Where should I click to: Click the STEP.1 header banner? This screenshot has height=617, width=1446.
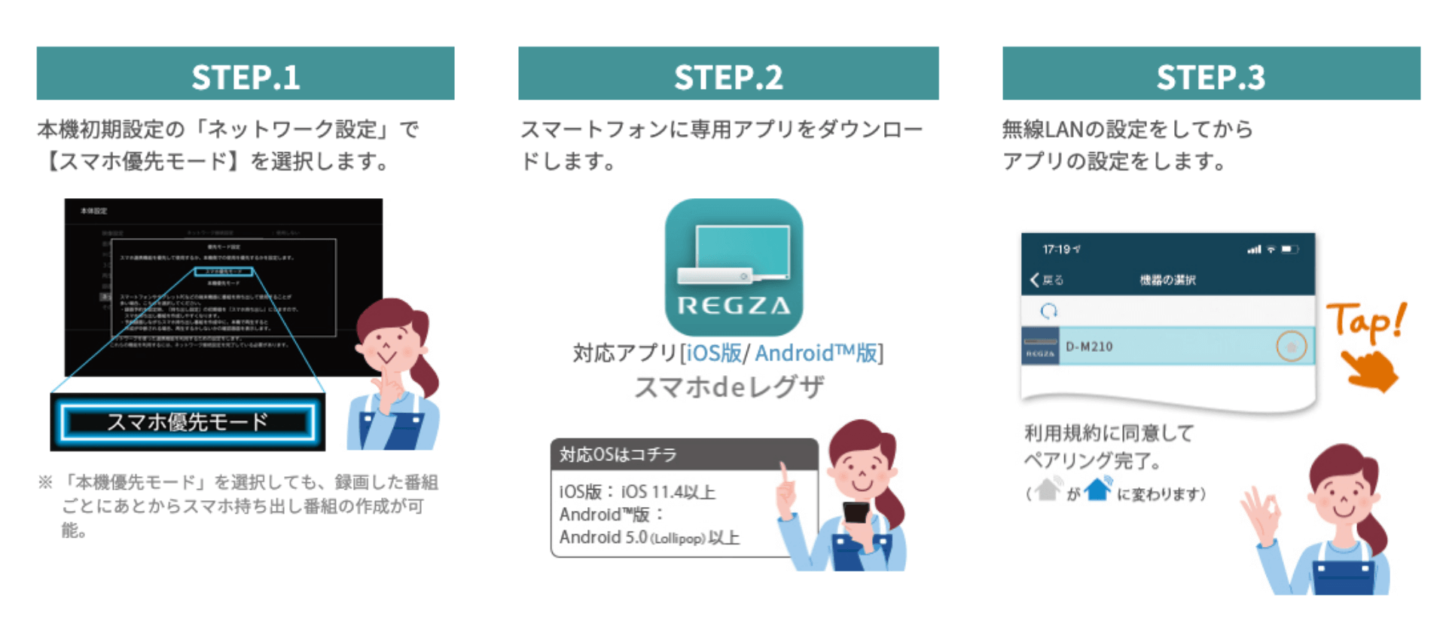(x=246, y=74)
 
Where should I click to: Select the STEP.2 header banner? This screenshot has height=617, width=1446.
(x=728, y=74)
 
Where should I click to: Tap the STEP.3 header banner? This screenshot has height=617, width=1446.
(x=1211, y=74)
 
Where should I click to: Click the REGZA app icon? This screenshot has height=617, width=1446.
(x=734, y=267)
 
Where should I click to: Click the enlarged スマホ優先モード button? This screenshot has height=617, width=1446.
(x=188, y=422)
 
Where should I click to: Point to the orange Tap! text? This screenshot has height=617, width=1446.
(x=1365, y=322)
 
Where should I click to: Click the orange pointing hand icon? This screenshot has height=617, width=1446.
(x=1369, y=371)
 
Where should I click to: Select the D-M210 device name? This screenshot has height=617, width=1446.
(x=1089, y=347)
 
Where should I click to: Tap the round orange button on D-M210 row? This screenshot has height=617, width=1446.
(x=1291, y=347)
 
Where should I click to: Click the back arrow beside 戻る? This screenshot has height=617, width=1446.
(x=1035, y=280)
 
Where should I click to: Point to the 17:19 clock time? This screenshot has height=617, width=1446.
(x=1056, y=249)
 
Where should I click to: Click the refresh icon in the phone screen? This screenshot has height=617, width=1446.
(x=1048, y=310)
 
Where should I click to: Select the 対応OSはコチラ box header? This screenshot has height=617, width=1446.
(x=683, y=454)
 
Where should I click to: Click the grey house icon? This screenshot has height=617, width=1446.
(x=1048, y=489)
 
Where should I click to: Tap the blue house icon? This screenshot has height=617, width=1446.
(x=1098, y=489)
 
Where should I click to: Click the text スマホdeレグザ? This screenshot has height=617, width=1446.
(x=729, y=387)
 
